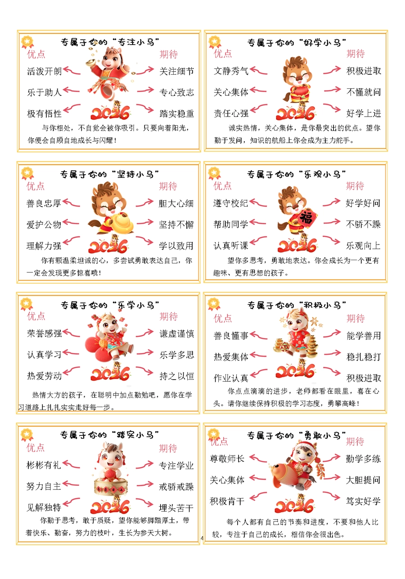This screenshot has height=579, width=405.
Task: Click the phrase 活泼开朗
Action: point(45,71)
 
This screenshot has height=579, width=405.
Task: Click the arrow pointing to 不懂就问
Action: point(333,90)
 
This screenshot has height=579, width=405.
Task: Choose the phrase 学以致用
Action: point(176,246)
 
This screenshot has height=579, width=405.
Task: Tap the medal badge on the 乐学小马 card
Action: point(27,304)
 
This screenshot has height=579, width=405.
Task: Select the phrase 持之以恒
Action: point(177,376)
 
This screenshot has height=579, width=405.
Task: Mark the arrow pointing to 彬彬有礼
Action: point(71,464)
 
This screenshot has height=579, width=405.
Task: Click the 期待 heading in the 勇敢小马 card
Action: point(355,442)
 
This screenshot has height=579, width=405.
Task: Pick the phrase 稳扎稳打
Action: point(364,357)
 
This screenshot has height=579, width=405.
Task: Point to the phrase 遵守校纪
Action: point(230,204)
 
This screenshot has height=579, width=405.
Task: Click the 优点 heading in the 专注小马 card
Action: point(36,54)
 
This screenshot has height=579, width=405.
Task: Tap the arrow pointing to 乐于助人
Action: point(71,90)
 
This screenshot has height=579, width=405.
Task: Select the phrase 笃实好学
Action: point(363,501)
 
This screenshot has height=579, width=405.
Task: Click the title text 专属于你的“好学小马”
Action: point(297,42)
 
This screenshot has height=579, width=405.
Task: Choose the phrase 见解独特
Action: point(44,507)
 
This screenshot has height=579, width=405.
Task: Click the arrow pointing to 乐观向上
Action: point(331,240)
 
